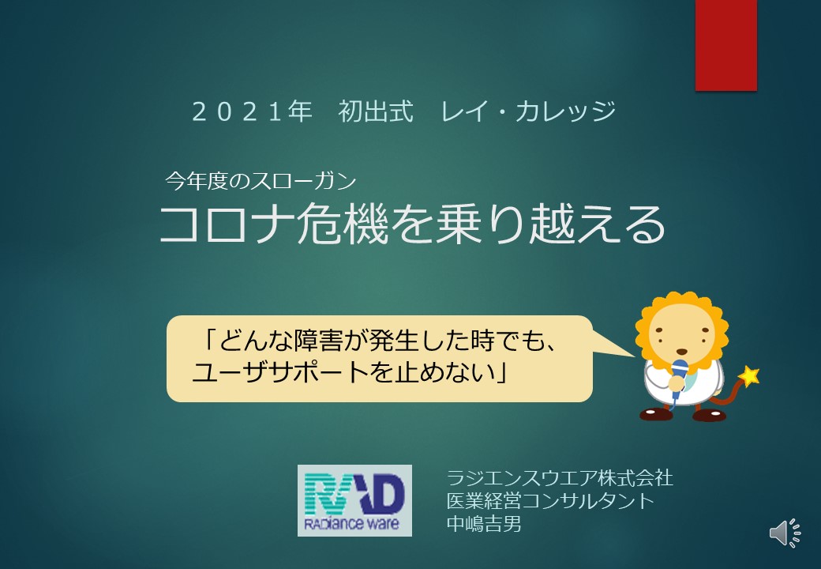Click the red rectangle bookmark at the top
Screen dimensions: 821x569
point(725,45)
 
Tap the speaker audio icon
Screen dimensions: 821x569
point(785,533)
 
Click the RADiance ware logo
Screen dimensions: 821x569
point(354,500)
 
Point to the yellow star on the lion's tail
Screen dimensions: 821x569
point(749,375)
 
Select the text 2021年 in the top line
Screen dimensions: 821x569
point(252,111)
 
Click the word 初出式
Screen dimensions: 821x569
point(376,111)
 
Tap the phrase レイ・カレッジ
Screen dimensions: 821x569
point(528,111)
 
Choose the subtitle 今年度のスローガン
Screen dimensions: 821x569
point(261,181)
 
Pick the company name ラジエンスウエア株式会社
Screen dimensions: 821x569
point(560,478)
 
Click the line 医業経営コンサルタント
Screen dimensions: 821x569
point(550,501)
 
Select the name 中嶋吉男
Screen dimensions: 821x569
point(484,523)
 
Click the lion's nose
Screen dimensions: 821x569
point(682,352)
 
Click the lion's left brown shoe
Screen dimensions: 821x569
point(655,414)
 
